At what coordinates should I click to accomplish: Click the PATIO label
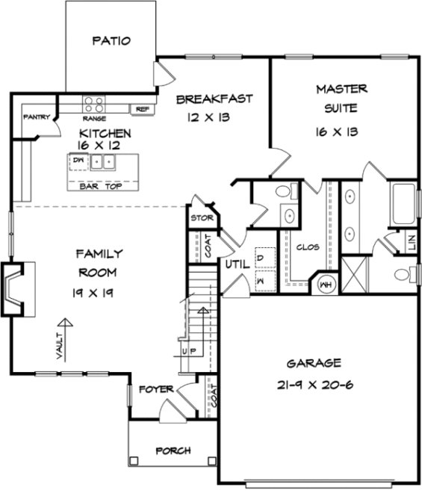(x=111, y=40)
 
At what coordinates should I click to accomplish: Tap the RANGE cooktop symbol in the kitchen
(x=94, y=105)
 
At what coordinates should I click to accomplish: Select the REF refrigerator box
(x=142, y=109)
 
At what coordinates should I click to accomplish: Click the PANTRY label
(x=36, y=117)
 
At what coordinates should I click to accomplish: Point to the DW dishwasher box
(x=78, y=161)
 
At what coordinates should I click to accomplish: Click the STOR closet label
(x=200, y=218)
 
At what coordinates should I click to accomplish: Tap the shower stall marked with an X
(x=355, y=274)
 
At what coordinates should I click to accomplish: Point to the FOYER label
(x=155, y=389)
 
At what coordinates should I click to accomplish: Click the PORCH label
(x=173, y=450)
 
